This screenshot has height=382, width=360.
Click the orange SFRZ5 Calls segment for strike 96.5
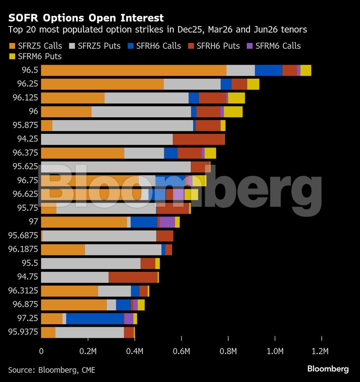(133, 70)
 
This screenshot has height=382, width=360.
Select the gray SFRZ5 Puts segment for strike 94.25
(107, 139)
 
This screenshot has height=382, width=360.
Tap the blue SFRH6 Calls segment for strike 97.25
(95, 319)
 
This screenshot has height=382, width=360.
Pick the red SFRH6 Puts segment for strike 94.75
(133, 277)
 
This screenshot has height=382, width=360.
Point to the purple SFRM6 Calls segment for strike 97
(167, 222)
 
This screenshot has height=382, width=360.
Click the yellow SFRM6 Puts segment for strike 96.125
(236, 98)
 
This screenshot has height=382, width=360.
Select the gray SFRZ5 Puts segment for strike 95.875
(123, 125)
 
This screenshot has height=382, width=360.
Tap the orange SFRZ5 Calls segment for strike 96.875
(73, 305)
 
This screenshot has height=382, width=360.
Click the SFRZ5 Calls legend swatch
(11, 46)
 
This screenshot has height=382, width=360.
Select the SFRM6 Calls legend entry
(274, 46)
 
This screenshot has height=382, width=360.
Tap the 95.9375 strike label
(23, 332)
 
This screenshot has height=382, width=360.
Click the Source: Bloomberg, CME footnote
(51, 370)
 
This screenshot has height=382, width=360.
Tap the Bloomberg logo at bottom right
(328, 369)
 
